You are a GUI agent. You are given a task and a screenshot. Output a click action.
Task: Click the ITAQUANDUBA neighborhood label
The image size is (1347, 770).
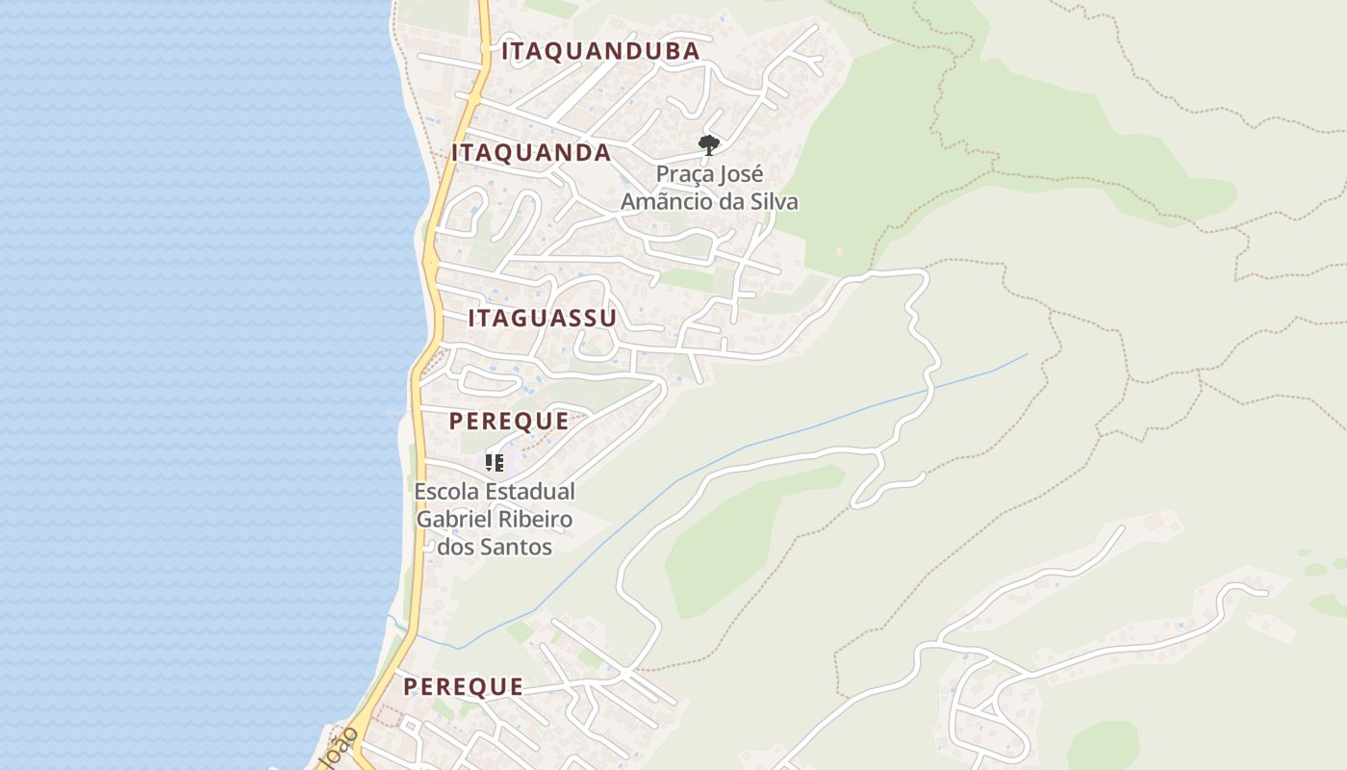(600, 52)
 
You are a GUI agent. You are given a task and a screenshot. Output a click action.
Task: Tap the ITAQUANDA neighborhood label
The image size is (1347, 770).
(531, 153)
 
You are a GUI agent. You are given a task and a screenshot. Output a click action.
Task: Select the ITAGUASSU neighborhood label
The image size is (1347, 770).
(542, 319)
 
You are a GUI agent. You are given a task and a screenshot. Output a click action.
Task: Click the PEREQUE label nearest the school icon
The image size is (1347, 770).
(509, 422)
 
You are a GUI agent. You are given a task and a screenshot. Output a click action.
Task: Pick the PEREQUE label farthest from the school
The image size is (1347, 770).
(463, 687)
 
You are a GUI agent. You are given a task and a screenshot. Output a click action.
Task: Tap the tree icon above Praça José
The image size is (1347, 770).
(709, 145)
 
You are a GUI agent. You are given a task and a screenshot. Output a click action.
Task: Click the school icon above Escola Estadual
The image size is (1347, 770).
(495, 463)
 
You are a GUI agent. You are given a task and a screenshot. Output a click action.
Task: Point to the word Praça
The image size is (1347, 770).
(684, 175)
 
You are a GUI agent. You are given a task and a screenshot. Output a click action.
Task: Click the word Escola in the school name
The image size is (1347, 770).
(445, 492)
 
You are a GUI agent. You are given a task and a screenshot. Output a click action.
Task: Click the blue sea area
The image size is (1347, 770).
(192, 385)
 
